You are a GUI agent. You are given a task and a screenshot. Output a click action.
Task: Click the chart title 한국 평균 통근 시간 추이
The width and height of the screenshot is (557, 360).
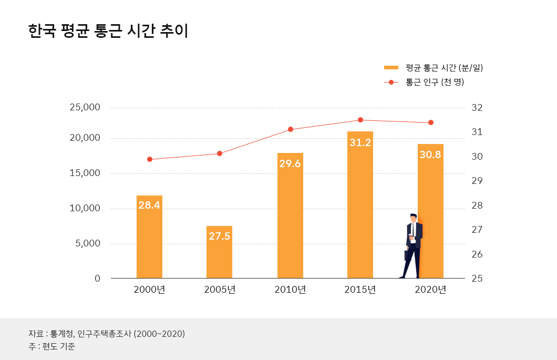pos(108,30)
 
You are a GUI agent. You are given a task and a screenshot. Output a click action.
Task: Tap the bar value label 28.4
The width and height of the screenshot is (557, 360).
pos(149,205)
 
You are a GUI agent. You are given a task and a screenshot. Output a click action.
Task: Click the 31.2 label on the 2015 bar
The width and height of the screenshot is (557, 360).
pos(360,142)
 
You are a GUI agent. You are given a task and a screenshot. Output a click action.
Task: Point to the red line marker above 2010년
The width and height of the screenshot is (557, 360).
pos(291,129)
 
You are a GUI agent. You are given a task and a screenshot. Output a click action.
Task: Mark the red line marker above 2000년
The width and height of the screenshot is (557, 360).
pos(150,159)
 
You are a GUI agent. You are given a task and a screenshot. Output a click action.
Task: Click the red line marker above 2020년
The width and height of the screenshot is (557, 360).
pos(431,122)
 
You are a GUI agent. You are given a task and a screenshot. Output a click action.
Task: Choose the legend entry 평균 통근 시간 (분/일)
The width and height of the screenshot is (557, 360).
pos(444,68)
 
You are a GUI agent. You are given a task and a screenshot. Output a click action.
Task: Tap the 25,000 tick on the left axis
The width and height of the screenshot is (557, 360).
pos(85,107)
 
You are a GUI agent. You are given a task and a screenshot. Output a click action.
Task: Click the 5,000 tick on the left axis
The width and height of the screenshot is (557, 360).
pos(87,243)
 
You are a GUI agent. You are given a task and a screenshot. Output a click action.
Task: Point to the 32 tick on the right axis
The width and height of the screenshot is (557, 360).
pos(477,108)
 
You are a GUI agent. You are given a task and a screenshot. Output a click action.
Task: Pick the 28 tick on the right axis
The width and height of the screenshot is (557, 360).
pos(477,205)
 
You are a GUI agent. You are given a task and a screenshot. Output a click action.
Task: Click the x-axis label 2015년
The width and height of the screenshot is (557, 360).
pos(360,290)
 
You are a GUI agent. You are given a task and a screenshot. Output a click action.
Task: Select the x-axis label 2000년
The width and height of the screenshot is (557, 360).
pos(149,290)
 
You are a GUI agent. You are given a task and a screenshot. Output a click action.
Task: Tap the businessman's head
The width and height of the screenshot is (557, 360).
pos(414,218)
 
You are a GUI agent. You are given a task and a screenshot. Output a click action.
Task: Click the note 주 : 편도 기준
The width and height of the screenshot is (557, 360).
pos(52,347)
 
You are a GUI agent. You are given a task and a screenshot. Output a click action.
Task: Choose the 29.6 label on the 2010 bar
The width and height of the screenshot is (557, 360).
pos(290,164)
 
